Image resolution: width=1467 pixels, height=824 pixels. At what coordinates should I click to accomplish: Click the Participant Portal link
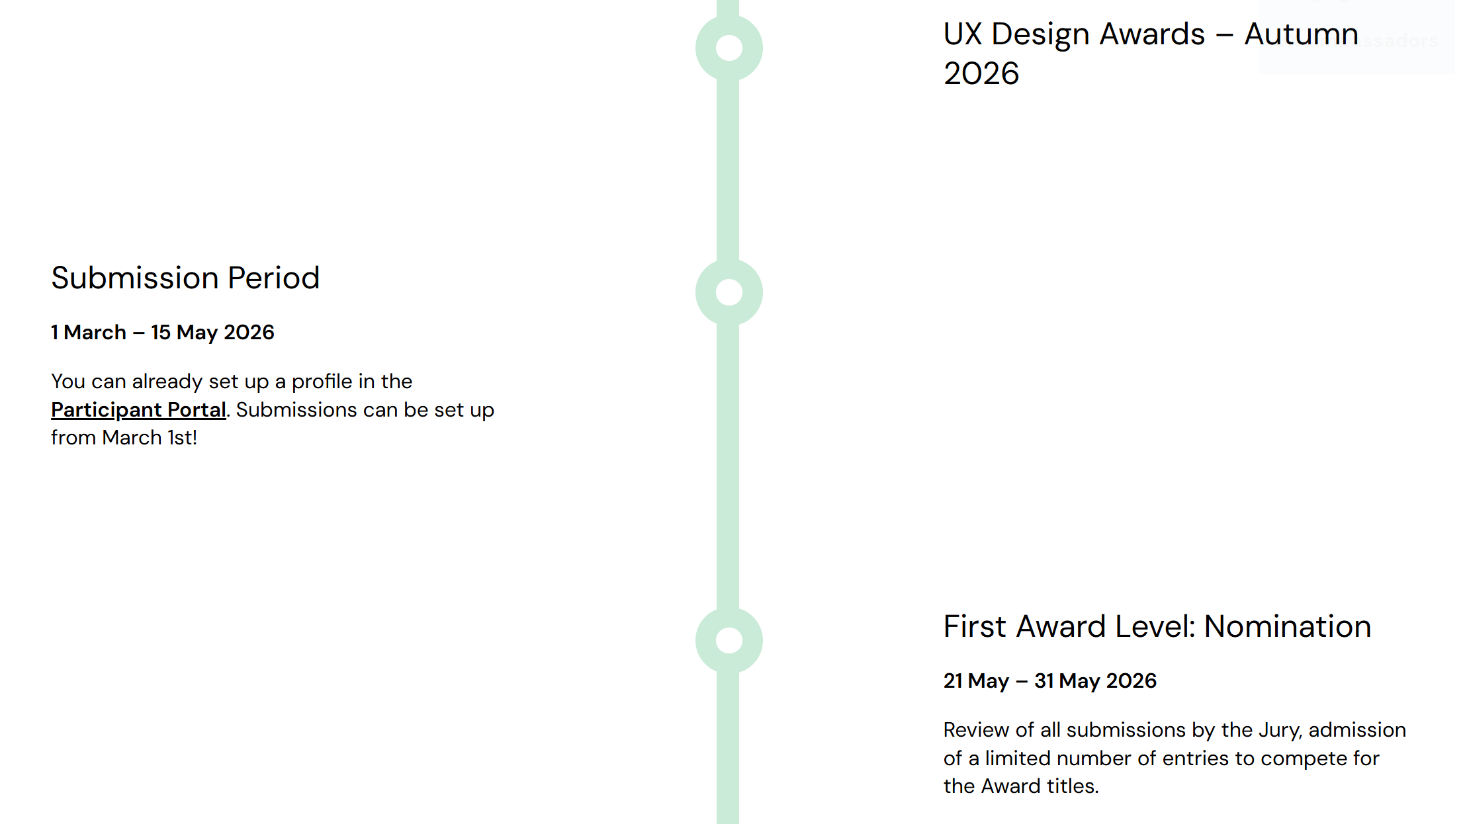click(x=139, y=410)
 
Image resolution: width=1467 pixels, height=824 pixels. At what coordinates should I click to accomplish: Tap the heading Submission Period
click(x=185, y=278)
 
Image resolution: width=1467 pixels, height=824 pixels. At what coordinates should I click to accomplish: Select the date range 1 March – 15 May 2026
click(x=163, y=332)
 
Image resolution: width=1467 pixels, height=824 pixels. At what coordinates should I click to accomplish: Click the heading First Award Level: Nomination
click(x=1157, y=626)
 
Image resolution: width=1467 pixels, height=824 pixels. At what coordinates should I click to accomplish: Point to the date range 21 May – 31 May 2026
click(x=1050, y=680)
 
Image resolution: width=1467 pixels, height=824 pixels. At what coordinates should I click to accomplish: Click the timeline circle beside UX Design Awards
click(x=729, y=48)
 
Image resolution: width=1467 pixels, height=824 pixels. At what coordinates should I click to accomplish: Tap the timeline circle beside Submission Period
click(x=729, y=292)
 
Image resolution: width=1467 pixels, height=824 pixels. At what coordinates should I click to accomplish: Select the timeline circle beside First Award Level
click(x=729, y=640)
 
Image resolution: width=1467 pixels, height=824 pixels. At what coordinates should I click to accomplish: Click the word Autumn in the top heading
click(x=1302, y=34)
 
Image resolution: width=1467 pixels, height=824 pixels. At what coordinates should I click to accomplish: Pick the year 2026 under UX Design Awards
click(x=981, y=73)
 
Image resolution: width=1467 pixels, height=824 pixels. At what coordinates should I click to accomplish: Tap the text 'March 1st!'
click(x=150, y=438)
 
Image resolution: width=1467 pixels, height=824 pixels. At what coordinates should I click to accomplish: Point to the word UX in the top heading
click(x=963, y=34)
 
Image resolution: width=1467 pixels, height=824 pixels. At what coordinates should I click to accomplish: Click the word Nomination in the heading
click(x=1288, y=626)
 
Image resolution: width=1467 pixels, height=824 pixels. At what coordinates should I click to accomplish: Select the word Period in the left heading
click(x=274, y=278)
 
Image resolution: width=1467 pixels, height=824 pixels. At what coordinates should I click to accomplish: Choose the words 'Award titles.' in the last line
click(x=1040, y=786)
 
